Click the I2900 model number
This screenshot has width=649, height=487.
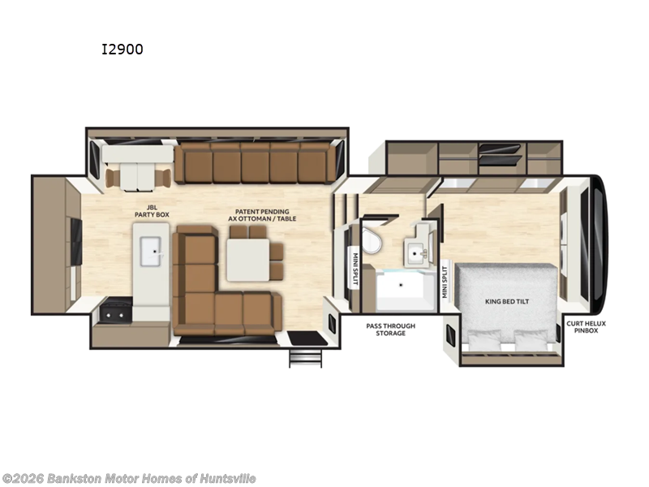click(122, 50)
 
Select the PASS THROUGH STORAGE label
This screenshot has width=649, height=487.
click(390, 329)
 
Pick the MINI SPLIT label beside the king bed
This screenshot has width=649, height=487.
click(445, 282)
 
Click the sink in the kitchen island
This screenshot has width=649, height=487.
click(150, 252)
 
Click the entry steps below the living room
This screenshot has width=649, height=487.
click(306, 358)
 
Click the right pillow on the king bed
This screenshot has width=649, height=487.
click(532, 339)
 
